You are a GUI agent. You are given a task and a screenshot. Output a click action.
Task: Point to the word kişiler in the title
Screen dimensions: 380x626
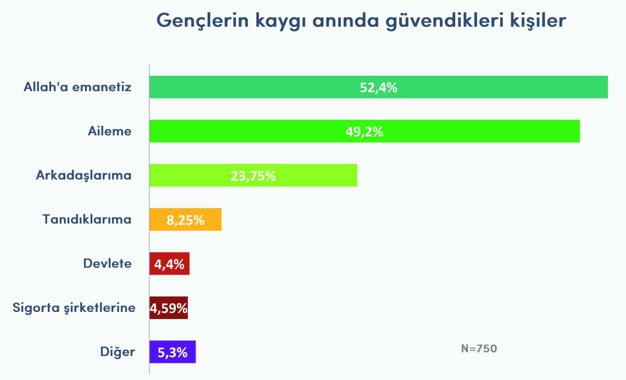pyautogui.click(x=535, y=21)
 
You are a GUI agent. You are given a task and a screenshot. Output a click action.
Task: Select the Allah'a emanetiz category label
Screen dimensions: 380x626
pyautogui.click(x=77, y=87)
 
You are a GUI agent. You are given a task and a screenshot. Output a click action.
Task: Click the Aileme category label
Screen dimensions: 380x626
pyautogui.click(x=110, y=131)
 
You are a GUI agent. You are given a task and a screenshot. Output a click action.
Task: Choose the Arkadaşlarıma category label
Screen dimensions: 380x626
pyautogui.click(x=84, y=176)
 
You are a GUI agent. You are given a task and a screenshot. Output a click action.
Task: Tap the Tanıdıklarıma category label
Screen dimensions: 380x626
pyautogui.click(x=87, y=220)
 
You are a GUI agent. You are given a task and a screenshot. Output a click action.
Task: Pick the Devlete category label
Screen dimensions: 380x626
pyautogui.click(x=108, y=264)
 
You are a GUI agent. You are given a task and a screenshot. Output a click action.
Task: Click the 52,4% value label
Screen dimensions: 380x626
pyautogui.click(x=378, y=87)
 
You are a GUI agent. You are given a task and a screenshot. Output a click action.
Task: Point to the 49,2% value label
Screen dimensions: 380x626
pyautogui.click(x=365, y=132)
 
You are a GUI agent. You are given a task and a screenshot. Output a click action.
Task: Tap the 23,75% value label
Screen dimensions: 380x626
pyautogui.click(x=253, y=176)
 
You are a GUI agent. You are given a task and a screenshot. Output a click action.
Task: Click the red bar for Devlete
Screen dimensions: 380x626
pyautogui.click(x=170, y=264)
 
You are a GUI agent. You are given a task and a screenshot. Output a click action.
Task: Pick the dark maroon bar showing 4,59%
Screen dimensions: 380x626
pyautogui.click(x=169, y=308)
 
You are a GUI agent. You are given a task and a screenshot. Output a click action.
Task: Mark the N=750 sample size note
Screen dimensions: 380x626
pyautogui.click(x=479, y=348)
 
